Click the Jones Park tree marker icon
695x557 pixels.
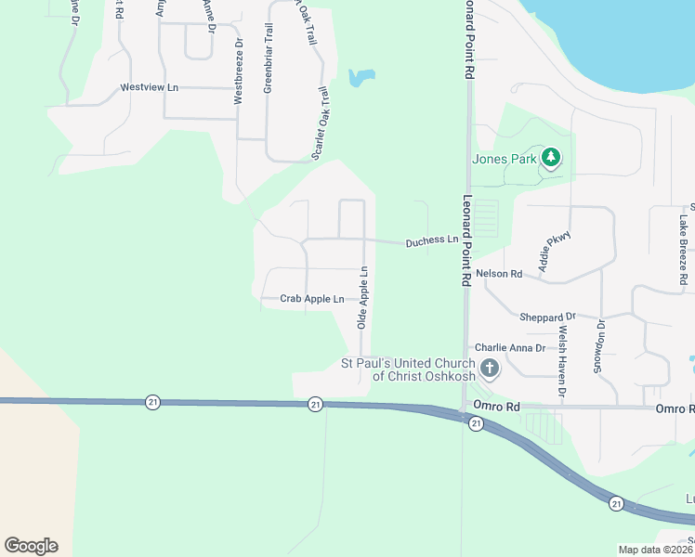(x=551, y=158)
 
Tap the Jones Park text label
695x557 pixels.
(x=503, y=159)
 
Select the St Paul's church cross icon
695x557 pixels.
(x=489, y=369)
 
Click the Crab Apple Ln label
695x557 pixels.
(x=312, y=299)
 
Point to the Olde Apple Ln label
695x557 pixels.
(x=364, y=298)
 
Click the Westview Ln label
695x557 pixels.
(x=149, y=88)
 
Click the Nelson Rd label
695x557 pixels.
(x=499, y=274)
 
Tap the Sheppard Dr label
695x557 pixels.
(x=547, y=317)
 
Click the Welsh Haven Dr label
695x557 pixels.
(x=562, y=361)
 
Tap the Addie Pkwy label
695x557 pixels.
(x=553, y=247)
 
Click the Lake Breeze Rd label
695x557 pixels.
(x=683, y=249)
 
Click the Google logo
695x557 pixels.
(x=31, y=546)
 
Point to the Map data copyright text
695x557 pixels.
(x=655, y=550)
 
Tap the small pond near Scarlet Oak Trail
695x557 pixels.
(x=361, y=77)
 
